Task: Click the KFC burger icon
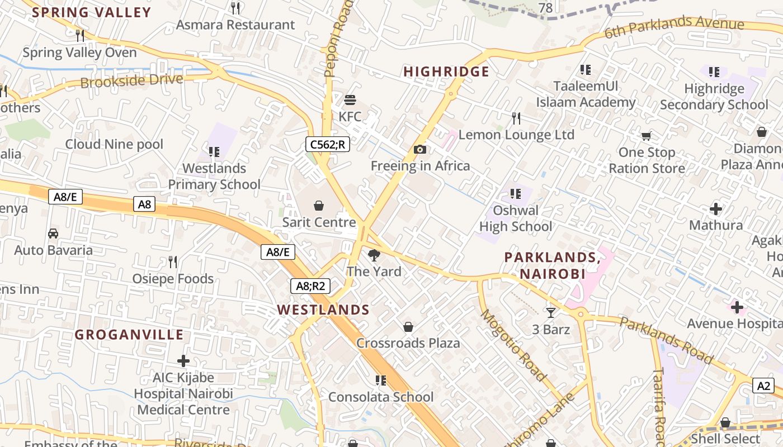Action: click(350, 101)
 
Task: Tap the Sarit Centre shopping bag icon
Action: click(319, 206)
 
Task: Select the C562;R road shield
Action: click(328, 144)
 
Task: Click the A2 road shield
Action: click(765, 386)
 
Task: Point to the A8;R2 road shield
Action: click(310, 286)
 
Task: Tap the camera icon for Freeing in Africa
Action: click(420, 149)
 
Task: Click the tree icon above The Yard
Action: click(374, 255)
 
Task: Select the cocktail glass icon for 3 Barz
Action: click(551, 313)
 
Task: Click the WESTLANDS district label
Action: click(323, 310)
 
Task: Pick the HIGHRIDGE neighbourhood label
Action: click(446, 72)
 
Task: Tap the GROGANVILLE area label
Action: click(129, 335)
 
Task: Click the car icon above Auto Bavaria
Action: click(53, 233)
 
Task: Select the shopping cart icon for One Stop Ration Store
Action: click(647, 136)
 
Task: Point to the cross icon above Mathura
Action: click(716, 209)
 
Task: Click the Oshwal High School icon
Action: click(515, 194)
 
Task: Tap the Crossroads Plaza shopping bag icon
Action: click(408, 326)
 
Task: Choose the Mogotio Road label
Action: click(513, 345)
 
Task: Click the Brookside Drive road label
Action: click(131, 80)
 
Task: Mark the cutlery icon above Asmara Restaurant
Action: click(235, 8)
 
